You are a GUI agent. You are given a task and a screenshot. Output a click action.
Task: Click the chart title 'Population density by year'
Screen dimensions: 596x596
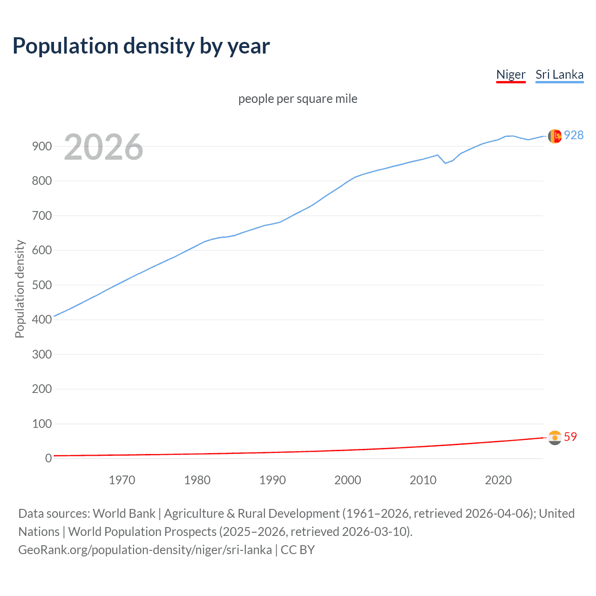(x=141, y=46)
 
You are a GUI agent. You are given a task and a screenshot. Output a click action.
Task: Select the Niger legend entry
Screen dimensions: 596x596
(x=511, y=74)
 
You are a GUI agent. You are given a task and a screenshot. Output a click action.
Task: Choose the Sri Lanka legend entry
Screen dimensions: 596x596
(x=559, y=74)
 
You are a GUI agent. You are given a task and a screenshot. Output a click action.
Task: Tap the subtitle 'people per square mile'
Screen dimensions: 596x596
(x=298, y=99)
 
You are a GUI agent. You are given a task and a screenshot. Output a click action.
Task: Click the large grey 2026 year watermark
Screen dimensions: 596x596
(x=103, y=147)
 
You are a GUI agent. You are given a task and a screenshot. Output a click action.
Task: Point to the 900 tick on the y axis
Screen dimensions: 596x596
(x=42, y=146)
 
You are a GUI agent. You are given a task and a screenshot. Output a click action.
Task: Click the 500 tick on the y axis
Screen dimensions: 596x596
(x=42, y=285)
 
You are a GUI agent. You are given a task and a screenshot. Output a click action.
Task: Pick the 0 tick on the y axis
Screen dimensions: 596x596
(x=48, y=458)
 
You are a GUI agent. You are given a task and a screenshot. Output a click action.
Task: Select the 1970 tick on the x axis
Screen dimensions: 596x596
(x=122, y=480)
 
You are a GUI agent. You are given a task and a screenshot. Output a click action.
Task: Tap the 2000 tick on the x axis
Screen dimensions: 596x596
(x=347, y=480)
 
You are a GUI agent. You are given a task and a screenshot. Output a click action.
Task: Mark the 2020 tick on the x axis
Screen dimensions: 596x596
(x=498, y=480)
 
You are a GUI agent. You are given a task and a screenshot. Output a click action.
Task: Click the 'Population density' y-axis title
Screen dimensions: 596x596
(x=20, y=289)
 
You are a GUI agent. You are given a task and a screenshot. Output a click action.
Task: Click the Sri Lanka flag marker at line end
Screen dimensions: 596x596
(x=555, y=136)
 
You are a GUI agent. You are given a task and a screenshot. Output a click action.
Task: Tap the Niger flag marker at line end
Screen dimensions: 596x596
(x=555, y=438)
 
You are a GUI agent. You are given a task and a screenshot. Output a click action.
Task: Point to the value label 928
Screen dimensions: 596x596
(x=574, y=135)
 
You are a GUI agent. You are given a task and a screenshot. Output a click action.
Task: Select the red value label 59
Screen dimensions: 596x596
(x=570, y=437)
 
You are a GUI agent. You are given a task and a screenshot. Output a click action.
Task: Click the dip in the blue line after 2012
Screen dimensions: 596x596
(x=445, y=163)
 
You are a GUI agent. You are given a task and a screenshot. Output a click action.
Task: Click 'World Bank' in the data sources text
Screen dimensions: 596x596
(x=124, y=513)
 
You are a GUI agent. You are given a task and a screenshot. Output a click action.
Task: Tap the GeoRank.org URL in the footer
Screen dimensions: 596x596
(x=145, y=549)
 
